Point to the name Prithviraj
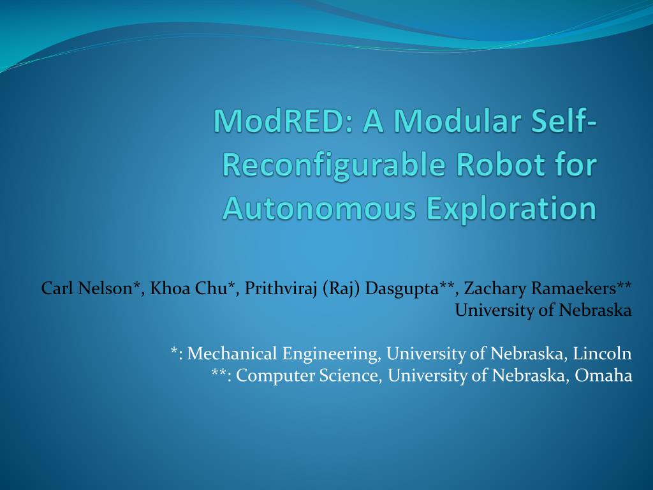coord(281,288)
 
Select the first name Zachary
coord(492,288)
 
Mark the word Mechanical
coord(233,353)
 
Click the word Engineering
coord(330,353)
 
